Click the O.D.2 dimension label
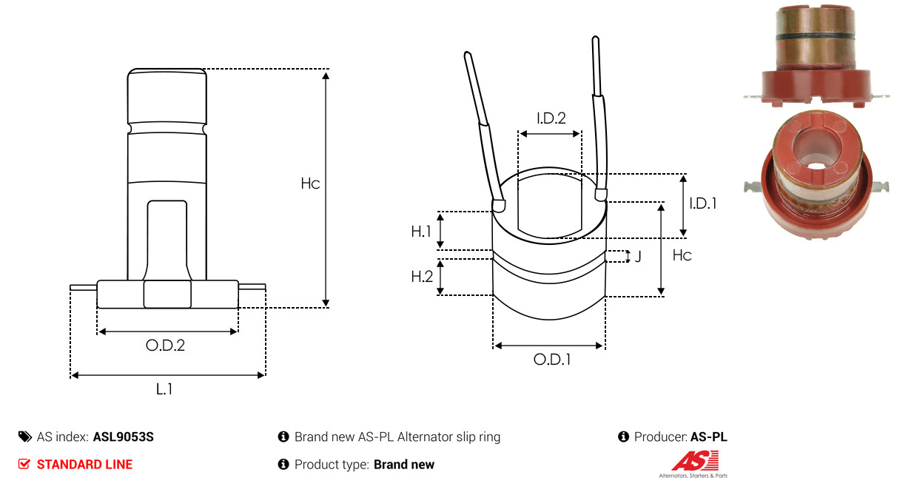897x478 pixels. pyautogui.click(x=165, y=345)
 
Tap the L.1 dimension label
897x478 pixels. pyautogui.click(x=164, y=388)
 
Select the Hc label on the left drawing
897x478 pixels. pyautogui.click(x=310, y=184)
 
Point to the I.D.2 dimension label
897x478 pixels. pyautogui.click(x=551, y=118)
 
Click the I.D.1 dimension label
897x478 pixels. pyautogui.click(x=703, y=203)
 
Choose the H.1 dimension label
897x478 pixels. pyautogui.click(x=421, y=231)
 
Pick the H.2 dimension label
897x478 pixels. pyautogui.click(x=422, y=276)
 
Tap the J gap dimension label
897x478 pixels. pyautogui.click(x=638, y=256)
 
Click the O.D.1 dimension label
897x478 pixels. pyautogui.click(x=552, y=359)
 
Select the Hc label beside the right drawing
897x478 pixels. pyautogui.click(x=682, y=255)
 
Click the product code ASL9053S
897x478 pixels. pyautogui.click(x=124, y=437)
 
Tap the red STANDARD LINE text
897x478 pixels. pyautogui.click(x=84, y=465)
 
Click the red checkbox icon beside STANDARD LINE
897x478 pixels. pyautogui.click(x=24, y=464)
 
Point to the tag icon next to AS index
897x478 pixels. pyautogui.click(x=25, y=437)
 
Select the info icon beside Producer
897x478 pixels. pyautogui.click(x=623, y=437)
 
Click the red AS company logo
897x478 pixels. pyautogui.click(x=695, y=461)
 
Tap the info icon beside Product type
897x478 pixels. pyautogui.click(x=283, y=465)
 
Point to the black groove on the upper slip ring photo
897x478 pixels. pyautogui.click(x=815, y=37)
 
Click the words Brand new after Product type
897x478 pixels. pyautogui.click(x=404, y=465)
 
